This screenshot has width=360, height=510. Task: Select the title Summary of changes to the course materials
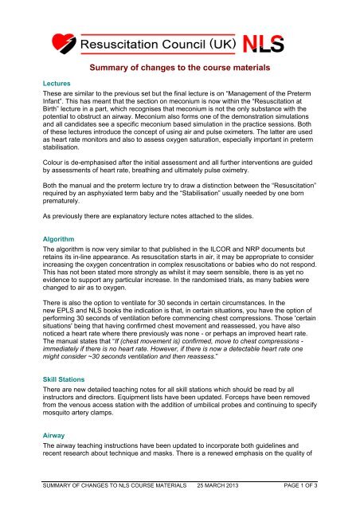point(181,69)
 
